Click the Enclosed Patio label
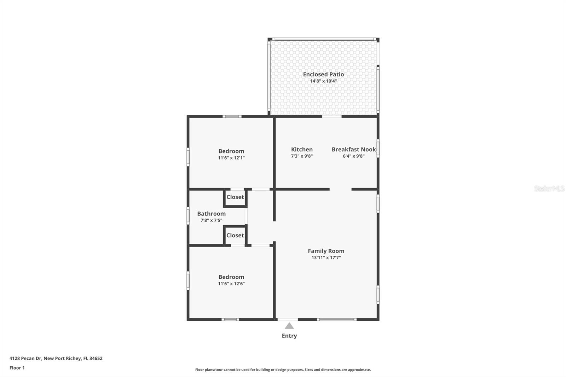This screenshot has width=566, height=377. click(x=323, y=74)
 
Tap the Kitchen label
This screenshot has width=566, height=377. click(x=302, y=150)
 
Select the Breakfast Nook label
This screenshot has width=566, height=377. click(x=353, y=150)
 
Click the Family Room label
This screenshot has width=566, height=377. click(x=326, y=251)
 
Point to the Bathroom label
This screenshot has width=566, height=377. click(x=211, y=214)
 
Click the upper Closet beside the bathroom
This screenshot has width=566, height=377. click(x=235, y=197)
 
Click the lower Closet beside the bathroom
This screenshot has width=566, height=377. click(x=235, y=235)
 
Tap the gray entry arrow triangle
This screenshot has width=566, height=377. click(x=289, y=326)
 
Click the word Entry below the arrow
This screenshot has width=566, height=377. click(x=289, y=336)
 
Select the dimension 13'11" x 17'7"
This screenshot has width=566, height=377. click(x=326, y=258)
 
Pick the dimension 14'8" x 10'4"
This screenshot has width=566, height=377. click(x=323, y=81)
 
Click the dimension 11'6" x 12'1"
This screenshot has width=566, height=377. click(x=231, y=158)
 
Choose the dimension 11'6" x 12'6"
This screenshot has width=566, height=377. click(x=231, y=284)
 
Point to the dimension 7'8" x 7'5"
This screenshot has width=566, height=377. click(x=211, y=220)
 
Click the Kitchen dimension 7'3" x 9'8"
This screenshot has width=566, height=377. click(x=302, y=156)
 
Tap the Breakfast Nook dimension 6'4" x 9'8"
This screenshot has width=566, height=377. click(x=353, y=156)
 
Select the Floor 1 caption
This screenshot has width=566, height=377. click(x=17, y=368)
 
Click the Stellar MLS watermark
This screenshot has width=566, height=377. click(x=549, y=188)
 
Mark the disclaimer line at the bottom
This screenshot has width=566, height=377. click(x=283, y=370)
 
